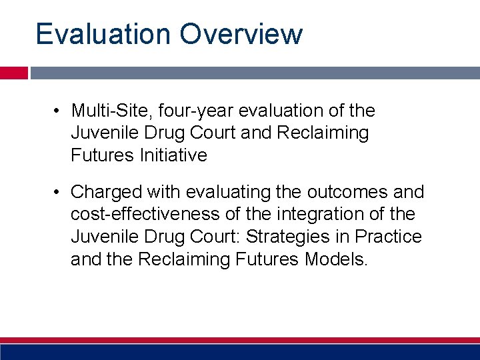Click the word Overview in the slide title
[x=241, y=34]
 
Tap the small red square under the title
[x=13, y=73]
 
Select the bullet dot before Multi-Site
[x=59, y=111]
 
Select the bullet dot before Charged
[x=59, y=193]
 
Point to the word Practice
[x=389, y=237]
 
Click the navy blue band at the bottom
[x=240, y=352]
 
